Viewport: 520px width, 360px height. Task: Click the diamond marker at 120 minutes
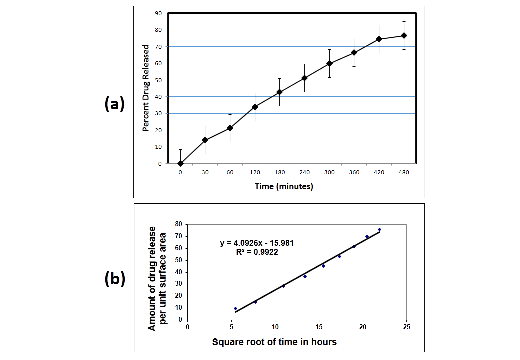tap(255, 107)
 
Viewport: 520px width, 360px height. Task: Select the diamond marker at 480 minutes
tap(404, 35)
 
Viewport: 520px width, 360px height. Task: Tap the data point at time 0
tap(180, 163)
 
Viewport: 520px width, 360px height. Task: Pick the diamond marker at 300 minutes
tap(329, 63)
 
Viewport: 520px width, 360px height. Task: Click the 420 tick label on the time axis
tap(379, 172)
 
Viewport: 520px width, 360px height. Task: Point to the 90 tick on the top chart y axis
tap(158, 13)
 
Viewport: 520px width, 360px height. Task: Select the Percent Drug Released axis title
tap(146, 88)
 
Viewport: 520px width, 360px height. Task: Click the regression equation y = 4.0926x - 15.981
tap(257, 243)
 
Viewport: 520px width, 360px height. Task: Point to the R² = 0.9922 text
tap(257, 252)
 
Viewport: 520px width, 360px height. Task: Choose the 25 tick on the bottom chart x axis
tap(406, 327)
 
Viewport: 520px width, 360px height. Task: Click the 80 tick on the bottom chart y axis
tap(177, 224)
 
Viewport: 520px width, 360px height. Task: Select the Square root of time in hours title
tap(274, 342)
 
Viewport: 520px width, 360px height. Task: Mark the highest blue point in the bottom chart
tap(379, 230)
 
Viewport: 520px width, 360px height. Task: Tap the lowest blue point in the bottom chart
tap(235, 308)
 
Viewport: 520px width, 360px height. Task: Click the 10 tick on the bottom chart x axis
tap(275, 327)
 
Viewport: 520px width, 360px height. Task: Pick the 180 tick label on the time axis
tap(280, 172)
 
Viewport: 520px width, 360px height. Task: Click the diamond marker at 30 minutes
tap(205, 140)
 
